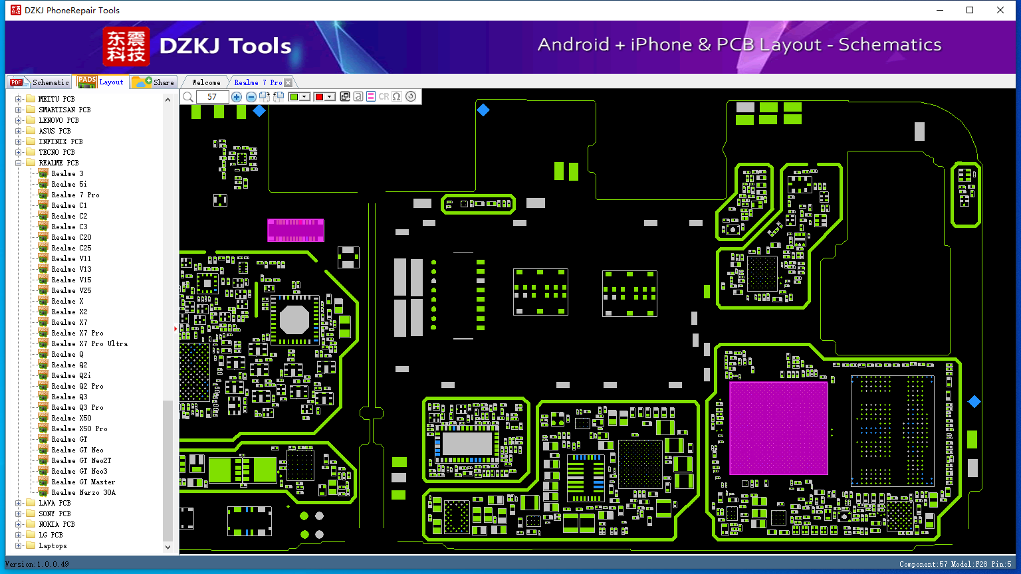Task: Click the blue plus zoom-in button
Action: click(x=236, y=96)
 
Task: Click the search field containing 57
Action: click(x=212, y=96)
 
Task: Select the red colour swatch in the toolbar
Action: click(x=320, y=96)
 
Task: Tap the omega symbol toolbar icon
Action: click(x=397, y=96)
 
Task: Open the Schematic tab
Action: click(x=39, y=82)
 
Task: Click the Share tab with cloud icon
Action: click(x=153, y=82)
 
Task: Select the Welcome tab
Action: click(x=206, y=82)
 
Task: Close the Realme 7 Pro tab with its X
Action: click(x=288, y=82)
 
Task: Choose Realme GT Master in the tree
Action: click(x=83, y=482)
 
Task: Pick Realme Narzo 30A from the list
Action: click(x=83, y=492)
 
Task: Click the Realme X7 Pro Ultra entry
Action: click(x=89, y=343)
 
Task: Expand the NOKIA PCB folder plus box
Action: click(x=18, y=524)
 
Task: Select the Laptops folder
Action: click(x=53, y=545)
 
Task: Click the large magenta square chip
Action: click(x=778, y=429)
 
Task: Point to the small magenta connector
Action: click(x=296, y=230)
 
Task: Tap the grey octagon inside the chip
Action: click(x=294, y=320)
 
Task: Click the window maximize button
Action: click(x=970, y=10)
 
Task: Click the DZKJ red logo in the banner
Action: click(x=126, y=46)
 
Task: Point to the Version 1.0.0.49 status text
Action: click(x=37, y=564)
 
